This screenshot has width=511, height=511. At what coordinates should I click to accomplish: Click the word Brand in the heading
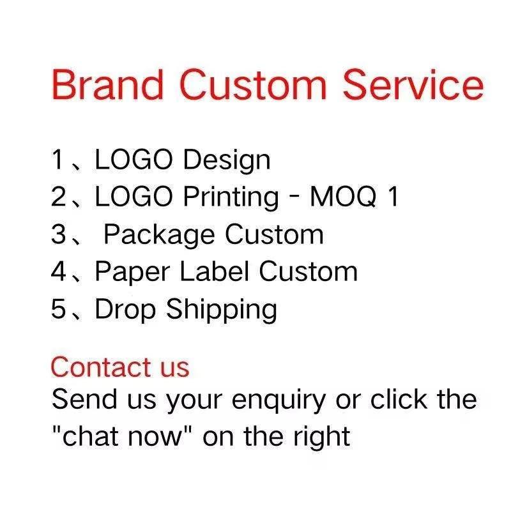107,84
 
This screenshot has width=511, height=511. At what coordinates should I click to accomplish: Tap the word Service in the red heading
413,84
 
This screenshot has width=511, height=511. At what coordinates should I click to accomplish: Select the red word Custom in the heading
253,84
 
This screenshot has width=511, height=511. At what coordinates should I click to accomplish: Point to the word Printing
231,198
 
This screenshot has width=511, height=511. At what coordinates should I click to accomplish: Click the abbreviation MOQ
343,197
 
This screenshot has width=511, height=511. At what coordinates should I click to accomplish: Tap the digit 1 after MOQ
393,196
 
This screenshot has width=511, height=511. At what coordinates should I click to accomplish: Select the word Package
159,235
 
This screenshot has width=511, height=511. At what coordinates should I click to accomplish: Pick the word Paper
132,273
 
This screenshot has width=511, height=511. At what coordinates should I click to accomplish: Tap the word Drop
125,310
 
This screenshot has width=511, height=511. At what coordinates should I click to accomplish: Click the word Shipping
222,310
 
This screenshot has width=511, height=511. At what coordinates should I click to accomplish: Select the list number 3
59,234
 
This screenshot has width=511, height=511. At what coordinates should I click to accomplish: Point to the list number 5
59,309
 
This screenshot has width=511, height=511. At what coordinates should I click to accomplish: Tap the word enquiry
278,401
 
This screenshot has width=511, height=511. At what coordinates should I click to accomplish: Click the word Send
84,399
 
